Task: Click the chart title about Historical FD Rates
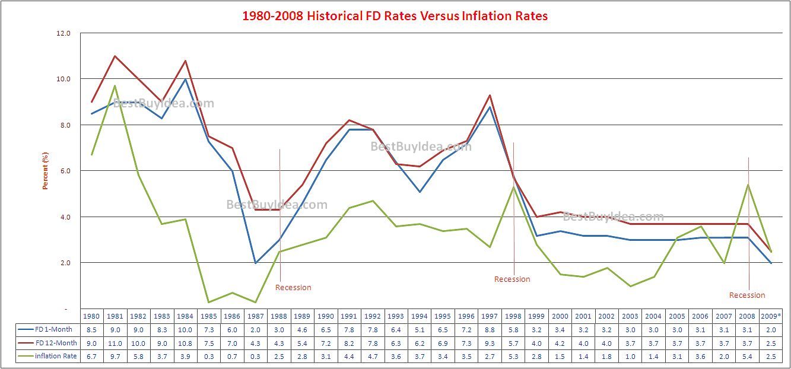click(395, 16)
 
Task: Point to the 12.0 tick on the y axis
click(63, 33)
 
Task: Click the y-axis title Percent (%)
click(45, 171)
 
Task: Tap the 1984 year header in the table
click(185, 317)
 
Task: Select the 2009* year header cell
click(771, 317)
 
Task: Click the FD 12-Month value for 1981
click(115, 343)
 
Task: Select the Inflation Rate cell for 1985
click(208, 356)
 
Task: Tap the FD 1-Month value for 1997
click(490, 330)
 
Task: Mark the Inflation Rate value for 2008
click(748, 356)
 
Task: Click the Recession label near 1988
click(293, 288)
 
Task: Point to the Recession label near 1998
click(512, 279)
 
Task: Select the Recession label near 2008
click(747, 295)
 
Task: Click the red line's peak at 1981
click(115, 56)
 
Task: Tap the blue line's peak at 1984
click(185, 79)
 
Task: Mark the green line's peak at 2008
click(748, 184)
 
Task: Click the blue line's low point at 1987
click(255, 263)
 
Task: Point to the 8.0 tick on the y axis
click(63, 125)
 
